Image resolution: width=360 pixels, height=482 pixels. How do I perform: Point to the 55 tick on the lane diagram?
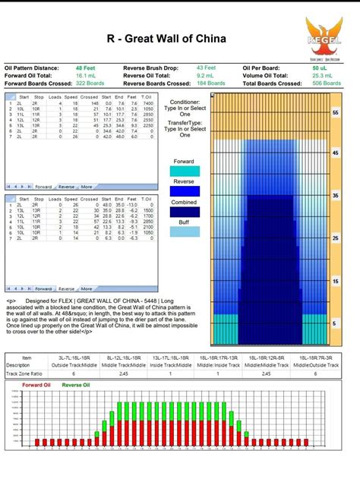pyautogui.click(x=335, y=112)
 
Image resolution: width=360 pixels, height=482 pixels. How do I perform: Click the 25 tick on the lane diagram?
pyautogui.click(x=335, y=238)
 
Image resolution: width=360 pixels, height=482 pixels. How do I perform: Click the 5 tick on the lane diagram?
pyautogui.click(x=335, y=323)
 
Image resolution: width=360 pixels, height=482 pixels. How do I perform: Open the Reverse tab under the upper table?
pyautogui.click(x=66, y=186)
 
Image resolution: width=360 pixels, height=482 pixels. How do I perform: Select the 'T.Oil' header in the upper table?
pyautogui.click(x=147, y=97)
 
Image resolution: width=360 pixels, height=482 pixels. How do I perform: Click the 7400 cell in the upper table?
pyautogui.click(x=147, y=103)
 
